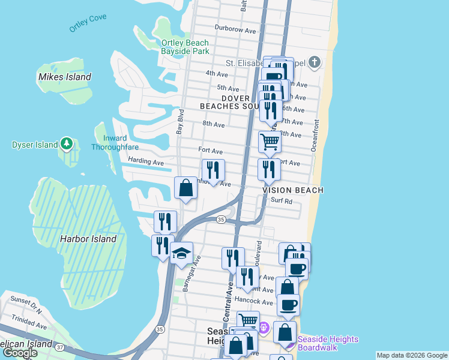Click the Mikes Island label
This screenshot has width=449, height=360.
tap(64, 77)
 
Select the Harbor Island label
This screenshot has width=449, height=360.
tap(88, 239)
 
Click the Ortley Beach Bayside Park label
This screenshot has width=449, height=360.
tap(185, 47)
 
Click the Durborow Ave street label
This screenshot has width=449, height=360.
tap(235, 29)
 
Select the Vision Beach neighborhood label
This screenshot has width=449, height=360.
tap(293, 190)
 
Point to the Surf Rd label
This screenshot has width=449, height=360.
tap(281, 201)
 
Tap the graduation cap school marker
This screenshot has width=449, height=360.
tap(181, 254)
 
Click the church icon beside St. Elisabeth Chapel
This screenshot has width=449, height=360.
tap(315, 62)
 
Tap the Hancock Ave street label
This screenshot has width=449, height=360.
tap(255, 301)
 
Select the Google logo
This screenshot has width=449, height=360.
tap(20, 353)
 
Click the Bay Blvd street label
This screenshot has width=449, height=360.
tap(179, 121)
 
